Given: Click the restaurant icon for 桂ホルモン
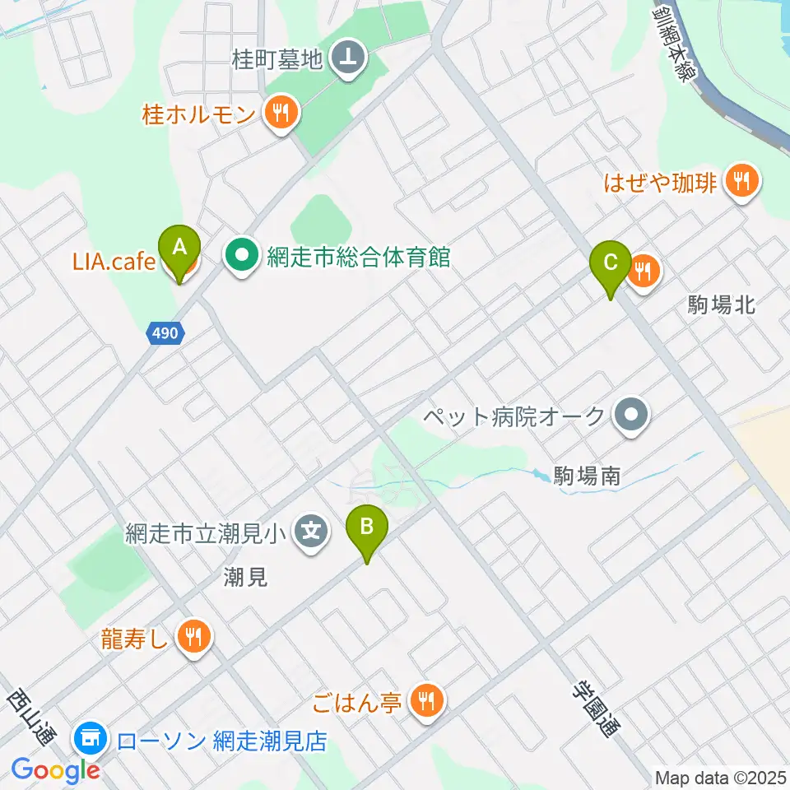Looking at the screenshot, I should coord(281,113).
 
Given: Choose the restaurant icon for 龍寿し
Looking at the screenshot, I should coord(193,636).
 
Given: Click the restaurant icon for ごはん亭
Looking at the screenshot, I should coord(426,702).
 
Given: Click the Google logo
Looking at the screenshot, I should coord(55,770).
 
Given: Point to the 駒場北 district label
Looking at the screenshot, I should coord(721,305).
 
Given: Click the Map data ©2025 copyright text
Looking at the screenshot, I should coord(721,777).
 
